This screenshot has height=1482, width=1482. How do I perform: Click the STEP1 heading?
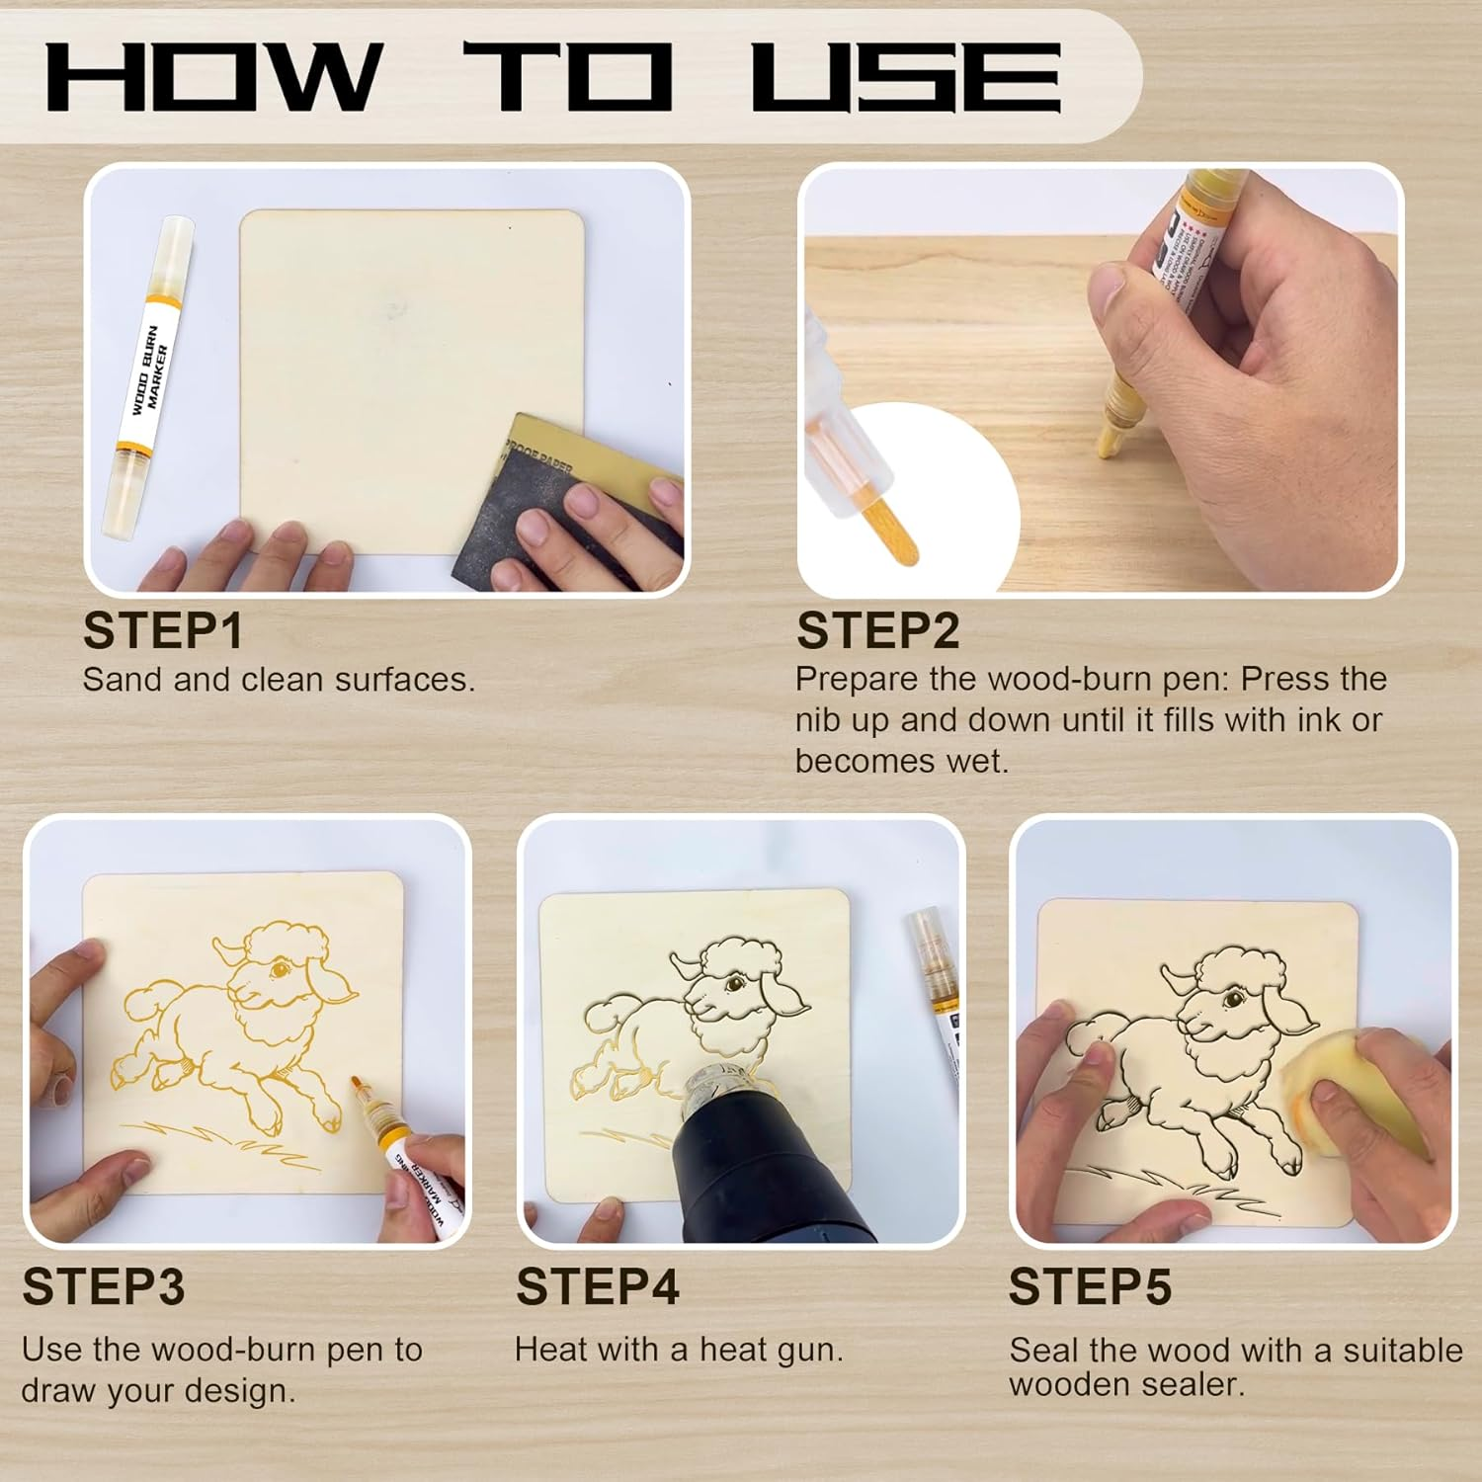click(163, 631)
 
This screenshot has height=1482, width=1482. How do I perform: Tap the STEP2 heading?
click(877, 631)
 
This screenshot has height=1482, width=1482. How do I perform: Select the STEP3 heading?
click(104, 1287)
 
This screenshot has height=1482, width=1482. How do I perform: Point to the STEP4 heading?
click(598, 1287)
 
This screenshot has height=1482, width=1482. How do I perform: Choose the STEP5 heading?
click(1090, 1287)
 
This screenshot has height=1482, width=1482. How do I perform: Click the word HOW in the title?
click(213, 77)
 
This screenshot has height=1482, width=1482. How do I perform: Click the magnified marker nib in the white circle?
click(889, 529)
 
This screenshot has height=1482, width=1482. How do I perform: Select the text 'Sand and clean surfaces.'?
click(279, 680)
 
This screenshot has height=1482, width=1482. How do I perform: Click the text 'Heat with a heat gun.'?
click(679, 1350)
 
